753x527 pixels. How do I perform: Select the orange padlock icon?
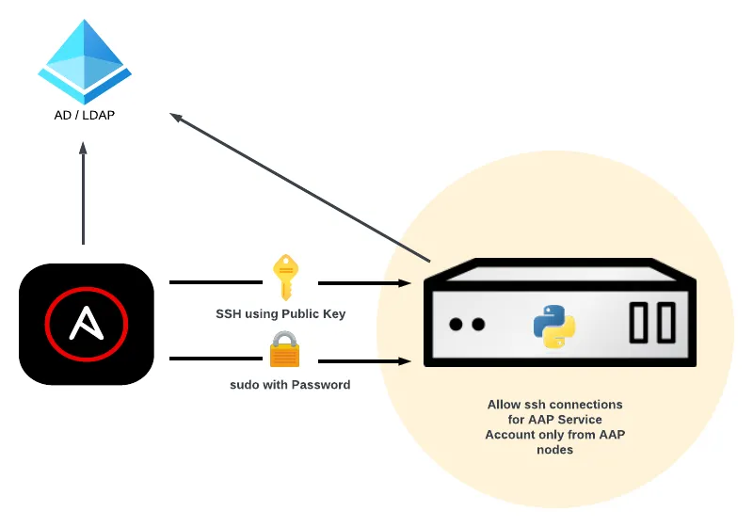[x=283, y=350]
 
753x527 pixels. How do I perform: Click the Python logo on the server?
[x=554, y=326]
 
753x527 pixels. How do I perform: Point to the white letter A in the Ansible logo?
[x=86, y=324]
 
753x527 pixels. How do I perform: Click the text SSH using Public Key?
[x=280, y=313]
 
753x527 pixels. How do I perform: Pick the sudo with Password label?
[x=290, y=384]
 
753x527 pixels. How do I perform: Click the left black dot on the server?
[x=457, y=325]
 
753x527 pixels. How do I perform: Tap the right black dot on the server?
[x=478, y=325]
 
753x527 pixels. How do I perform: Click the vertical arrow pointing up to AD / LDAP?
[x=83, y=193]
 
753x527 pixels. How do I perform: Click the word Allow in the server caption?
[x=504, y=405]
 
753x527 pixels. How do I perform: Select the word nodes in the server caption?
[x=554, y=450]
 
